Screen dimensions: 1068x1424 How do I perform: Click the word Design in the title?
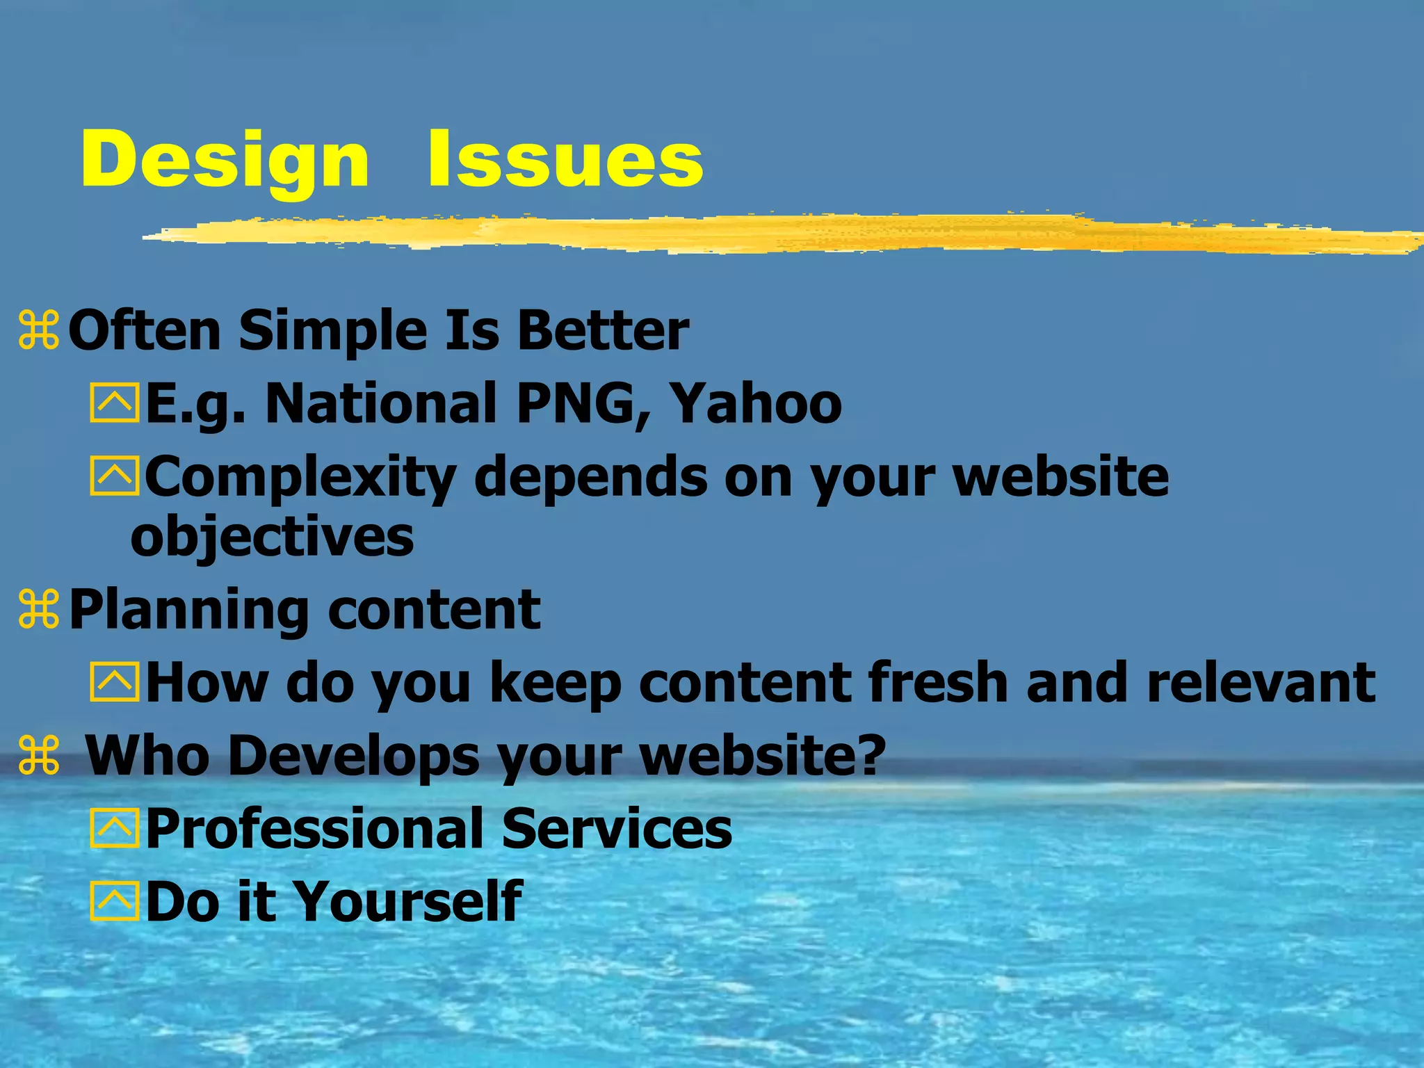click(x=225, y=161)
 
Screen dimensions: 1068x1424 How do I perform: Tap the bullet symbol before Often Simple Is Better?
click(x=40, y=330)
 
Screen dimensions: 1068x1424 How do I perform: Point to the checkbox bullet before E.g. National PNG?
click(x=114, y=403)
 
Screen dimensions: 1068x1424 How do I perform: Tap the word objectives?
click(x=272, y=537)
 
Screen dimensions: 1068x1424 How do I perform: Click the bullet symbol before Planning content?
click(x=40, y=610)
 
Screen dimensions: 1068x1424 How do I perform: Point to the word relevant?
click(x=1261, y=683)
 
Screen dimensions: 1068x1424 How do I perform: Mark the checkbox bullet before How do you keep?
click(x=114, y=682)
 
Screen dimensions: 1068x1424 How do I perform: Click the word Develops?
click(x=353, y=755)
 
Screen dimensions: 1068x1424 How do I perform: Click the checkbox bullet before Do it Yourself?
click(x=114, y=901)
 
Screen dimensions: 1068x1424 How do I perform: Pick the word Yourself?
click(x=408, y=901)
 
